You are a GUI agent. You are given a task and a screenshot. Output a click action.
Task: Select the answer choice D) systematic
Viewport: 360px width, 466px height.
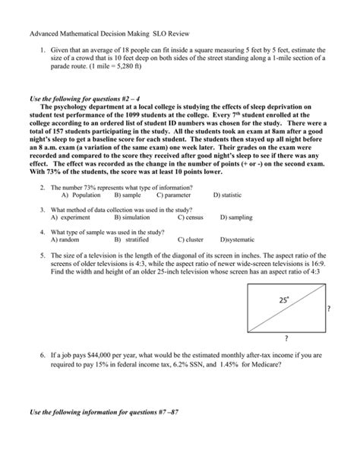click(238, 239)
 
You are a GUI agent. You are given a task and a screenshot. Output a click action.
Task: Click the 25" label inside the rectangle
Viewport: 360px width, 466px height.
click(283, 300)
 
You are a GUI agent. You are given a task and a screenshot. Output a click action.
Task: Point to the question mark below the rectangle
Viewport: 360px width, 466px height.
click(286, 338)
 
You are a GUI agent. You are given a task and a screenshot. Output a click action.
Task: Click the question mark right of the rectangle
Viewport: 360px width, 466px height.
click(328, 309)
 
